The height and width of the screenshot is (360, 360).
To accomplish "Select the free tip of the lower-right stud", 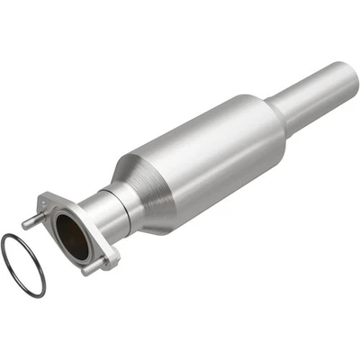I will (x=114, y=263).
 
